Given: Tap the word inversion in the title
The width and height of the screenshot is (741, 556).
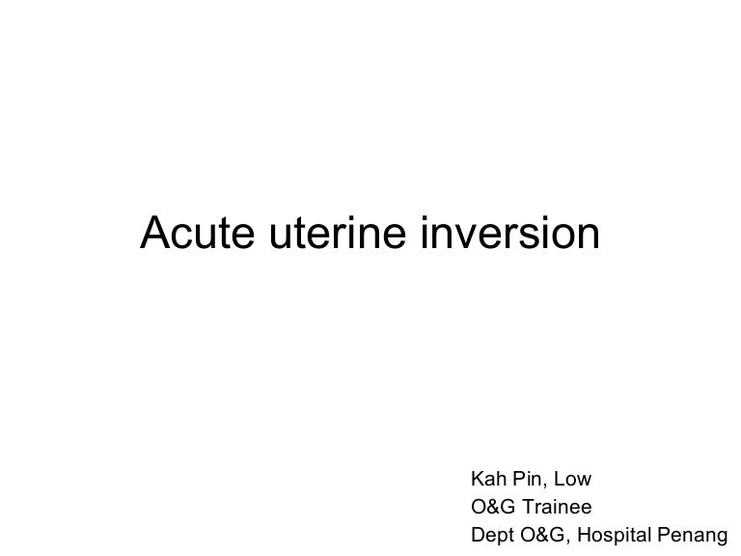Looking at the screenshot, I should coord(511,233).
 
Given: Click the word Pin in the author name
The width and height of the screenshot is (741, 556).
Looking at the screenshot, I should coord(529,480).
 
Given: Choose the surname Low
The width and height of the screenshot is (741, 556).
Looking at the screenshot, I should coord(573,480).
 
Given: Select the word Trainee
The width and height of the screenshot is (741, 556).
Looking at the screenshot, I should coord(560,507).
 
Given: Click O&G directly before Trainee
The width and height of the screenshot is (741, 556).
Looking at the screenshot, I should coord(492,507).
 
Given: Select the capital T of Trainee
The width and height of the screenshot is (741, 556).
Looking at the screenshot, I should coord(530,507).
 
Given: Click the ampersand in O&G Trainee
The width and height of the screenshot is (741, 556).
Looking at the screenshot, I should coord(492,507).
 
